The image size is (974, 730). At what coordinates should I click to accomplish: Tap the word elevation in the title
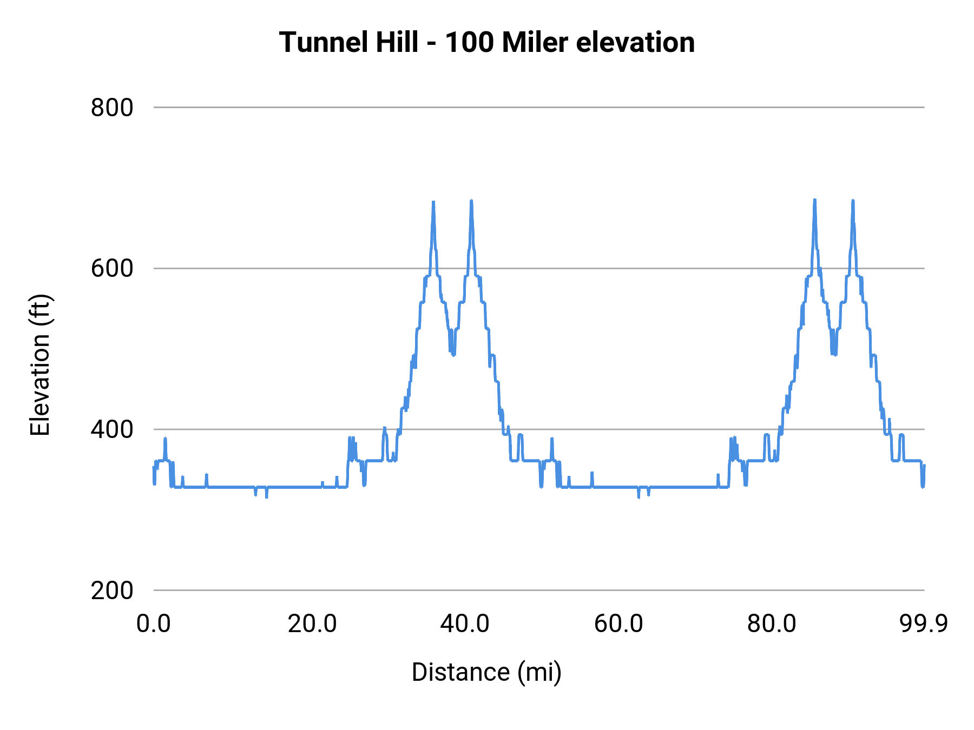coord(635,42)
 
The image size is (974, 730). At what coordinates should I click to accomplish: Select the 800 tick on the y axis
coord(111,108)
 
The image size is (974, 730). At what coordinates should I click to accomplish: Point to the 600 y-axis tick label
coord(111,268)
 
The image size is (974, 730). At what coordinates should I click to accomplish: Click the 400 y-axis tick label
coord(111,429)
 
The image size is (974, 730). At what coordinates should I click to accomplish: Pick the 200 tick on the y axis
coord(111,590)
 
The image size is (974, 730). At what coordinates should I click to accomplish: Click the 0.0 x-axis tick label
coord(153,623)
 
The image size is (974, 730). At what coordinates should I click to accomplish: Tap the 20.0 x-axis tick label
coord(312,623)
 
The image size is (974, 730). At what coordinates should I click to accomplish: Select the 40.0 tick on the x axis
coord(464,623)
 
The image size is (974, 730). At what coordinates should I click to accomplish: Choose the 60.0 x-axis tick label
coord(618,623)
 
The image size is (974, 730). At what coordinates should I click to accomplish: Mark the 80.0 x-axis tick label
coord(771,623)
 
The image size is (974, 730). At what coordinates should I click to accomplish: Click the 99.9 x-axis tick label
coord(923,623)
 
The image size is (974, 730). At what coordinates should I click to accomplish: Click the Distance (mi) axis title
coord(486,672)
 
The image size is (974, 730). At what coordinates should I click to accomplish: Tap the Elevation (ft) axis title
coord(40,365)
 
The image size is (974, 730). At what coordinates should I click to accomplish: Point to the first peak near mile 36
coord(433,202)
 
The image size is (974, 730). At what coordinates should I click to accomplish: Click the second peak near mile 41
coord(471,201)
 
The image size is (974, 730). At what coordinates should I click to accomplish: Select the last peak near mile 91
coord(853,201)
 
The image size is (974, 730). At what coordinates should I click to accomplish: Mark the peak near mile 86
coord(814,200)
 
